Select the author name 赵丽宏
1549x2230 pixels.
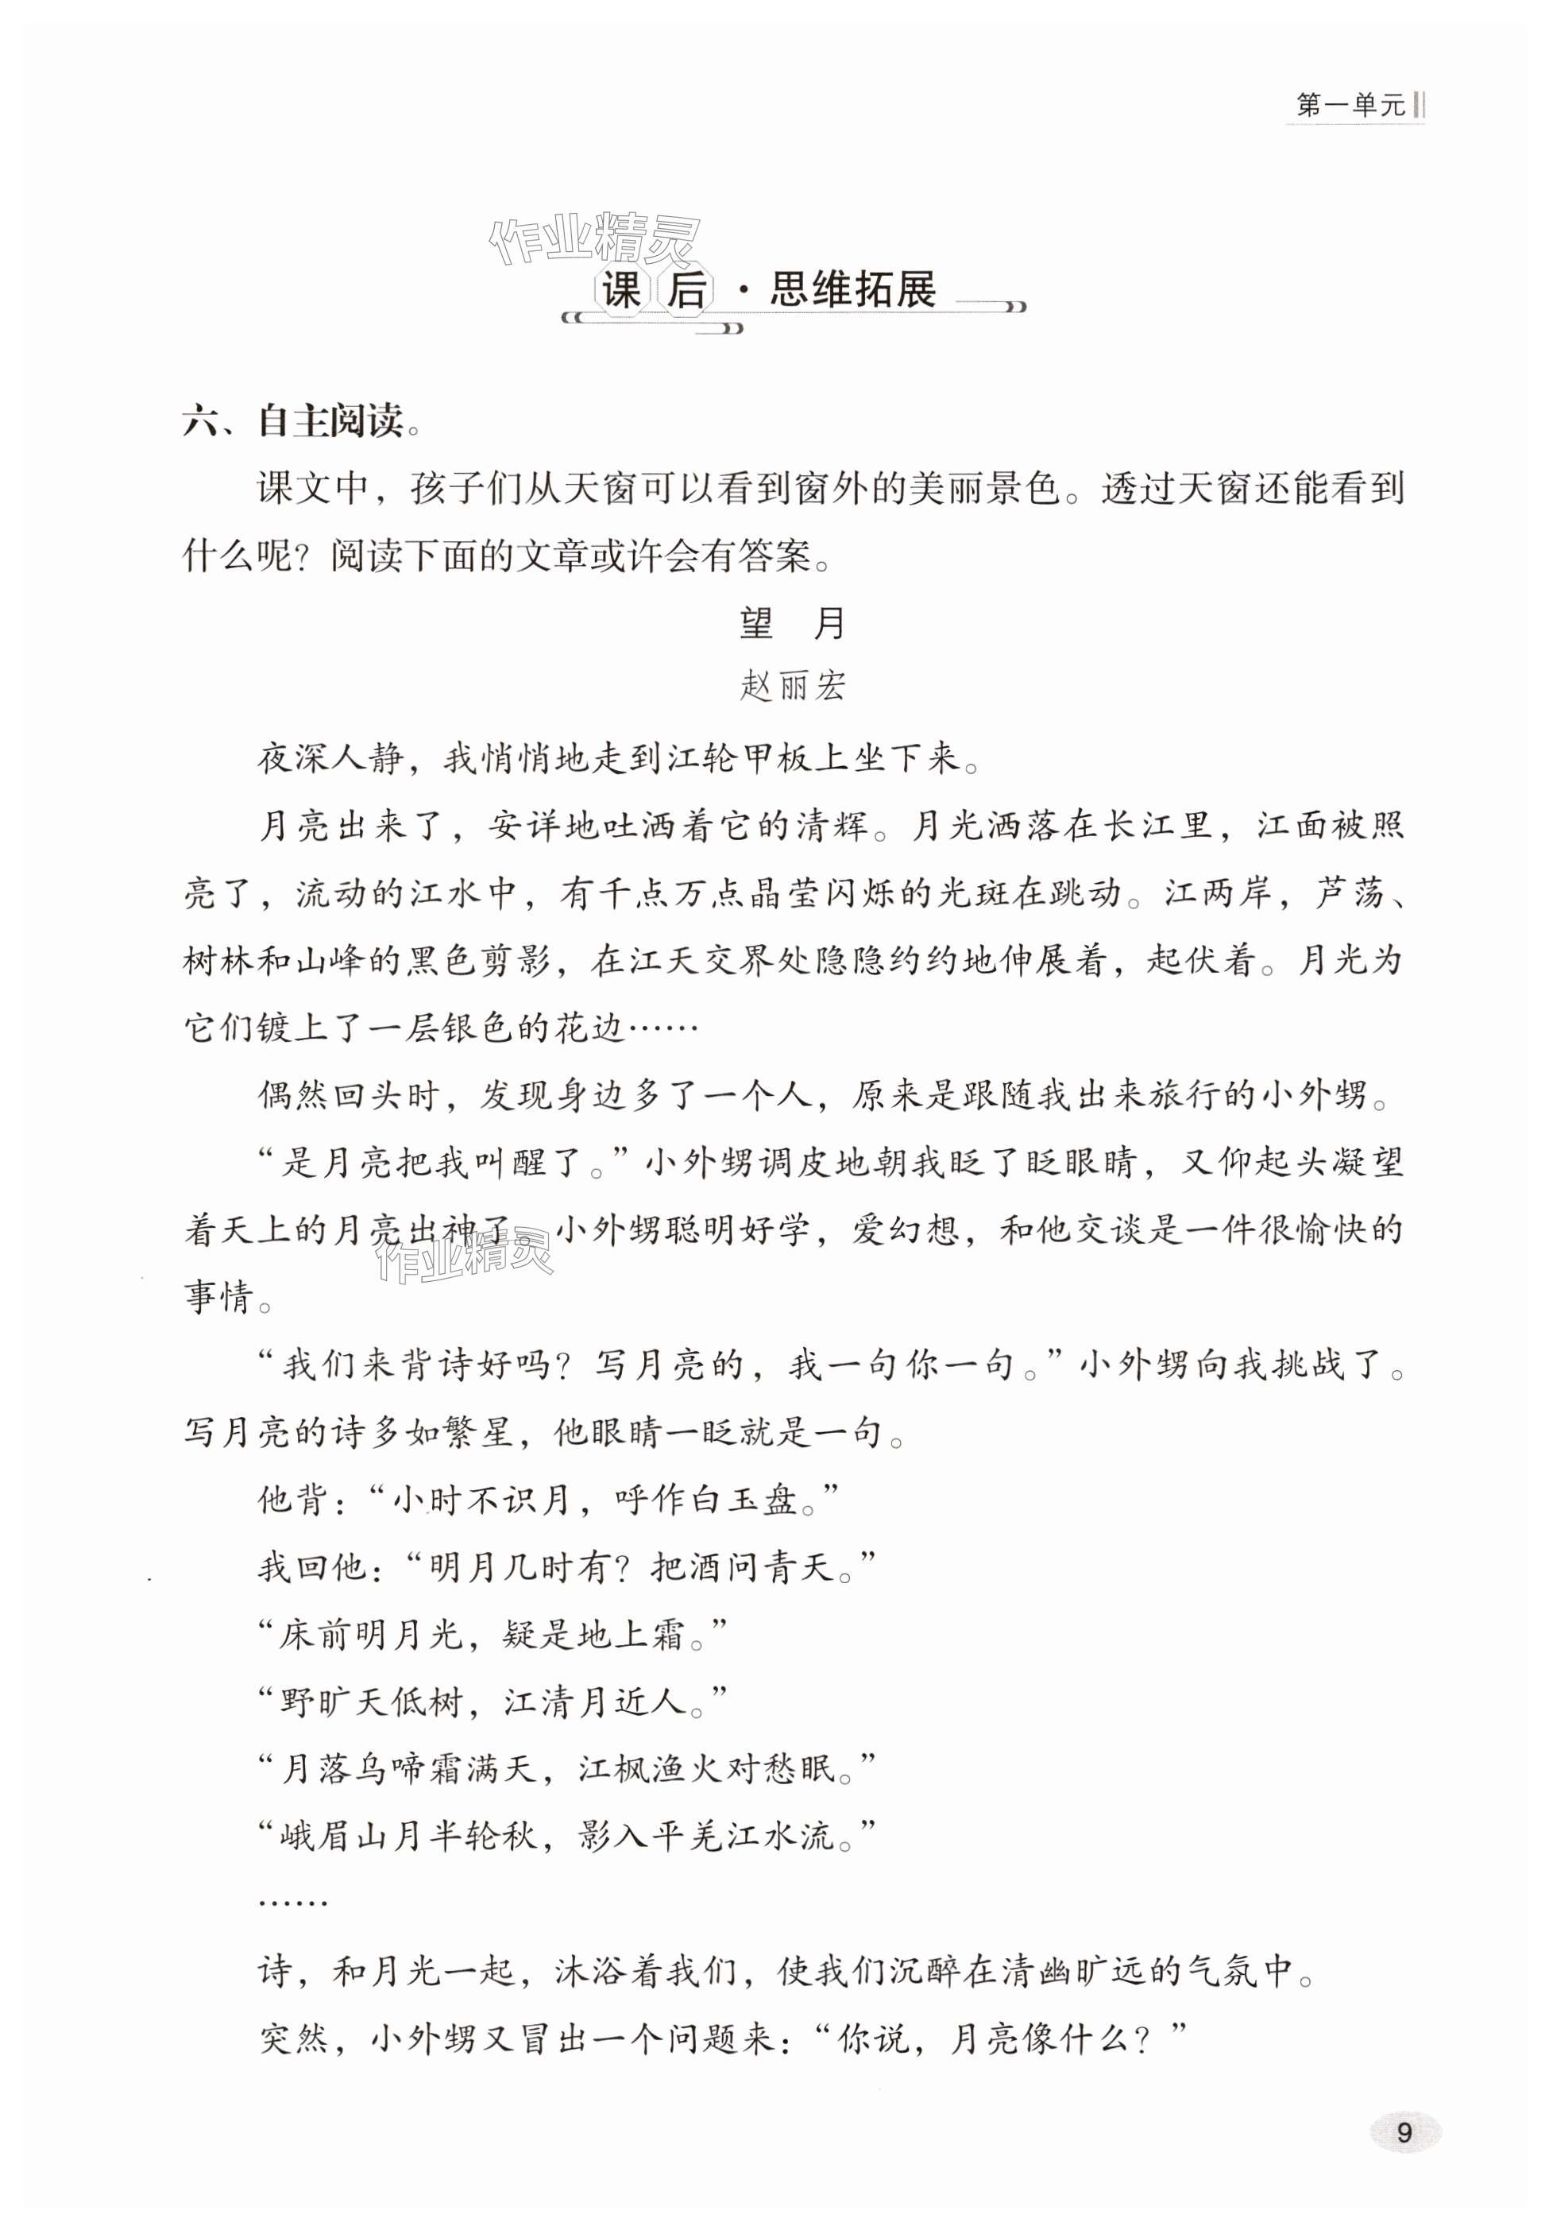pyautogui.click(x=792, y=687)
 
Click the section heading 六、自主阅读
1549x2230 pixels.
pyautogui.click(x=292, y=421)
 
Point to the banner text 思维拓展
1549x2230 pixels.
pyautogui.click(x=853, y=289)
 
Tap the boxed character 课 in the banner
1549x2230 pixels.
pyautogui.click(x=622, y=290)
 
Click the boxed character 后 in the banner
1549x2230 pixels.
pyautogui.click(x=687, y=290)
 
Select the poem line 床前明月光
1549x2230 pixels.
pyautogui.click(x=369, y=1635)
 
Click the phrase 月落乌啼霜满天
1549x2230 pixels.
pyautogui.click(x=408, y=1768)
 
